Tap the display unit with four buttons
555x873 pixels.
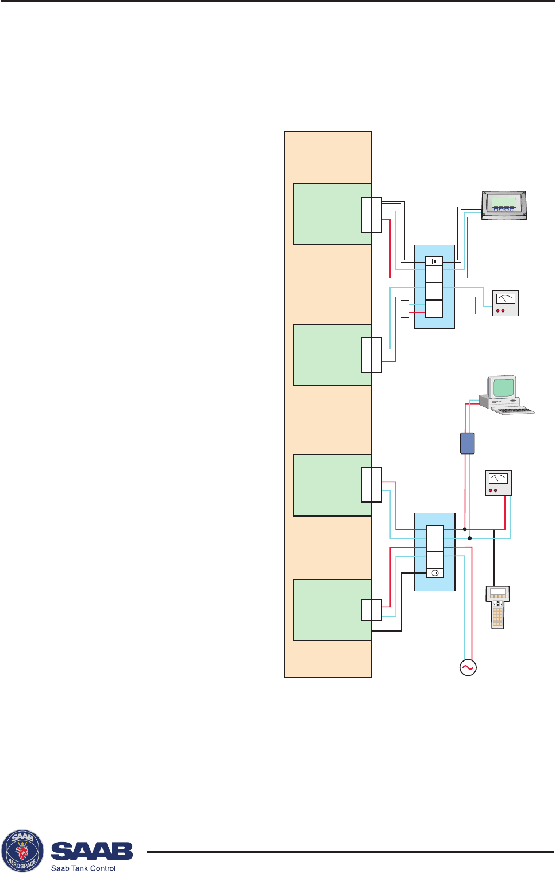pos(503,205)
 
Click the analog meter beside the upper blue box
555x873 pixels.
pos(506,303)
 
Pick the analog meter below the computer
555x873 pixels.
pos(498,483)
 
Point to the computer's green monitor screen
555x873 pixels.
pos(503,387)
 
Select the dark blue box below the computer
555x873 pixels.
pos(468,443)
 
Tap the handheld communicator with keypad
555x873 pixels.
pos(497,607)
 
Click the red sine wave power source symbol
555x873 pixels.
pos(468,667)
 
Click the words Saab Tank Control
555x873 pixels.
pos(83,868)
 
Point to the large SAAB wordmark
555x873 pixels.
pos(92,851)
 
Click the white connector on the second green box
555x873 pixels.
pos(371,355)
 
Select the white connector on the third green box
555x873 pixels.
pos(371,484)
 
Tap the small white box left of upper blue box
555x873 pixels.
pos(405,308)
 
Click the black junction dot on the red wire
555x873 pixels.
pos(465,529)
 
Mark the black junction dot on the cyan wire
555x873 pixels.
pos(470,538)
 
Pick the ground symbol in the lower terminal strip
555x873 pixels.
pos(435,572)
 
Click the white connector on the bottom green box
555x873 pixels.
pos(371,610)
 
